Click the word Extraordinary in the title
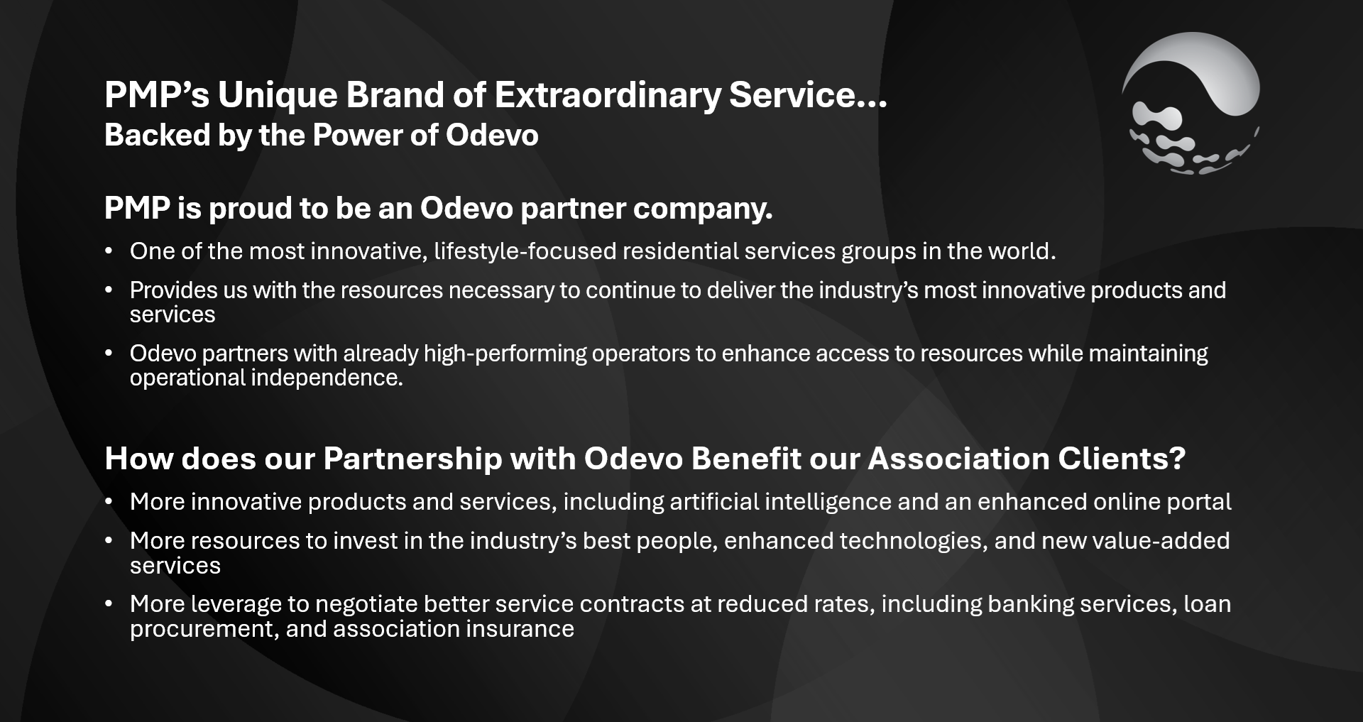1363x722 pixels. (608, 96)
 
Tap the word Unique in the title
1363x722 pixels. (277, 96)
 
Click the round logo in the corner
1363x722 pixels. (1191, 104)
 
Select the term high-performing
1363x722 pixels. (505, 354)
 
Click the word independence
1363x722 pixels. (327, 378)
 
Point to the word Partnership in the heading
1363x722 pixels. (412, 459)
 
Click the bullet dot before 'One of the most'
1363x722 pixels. (109, 251)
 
